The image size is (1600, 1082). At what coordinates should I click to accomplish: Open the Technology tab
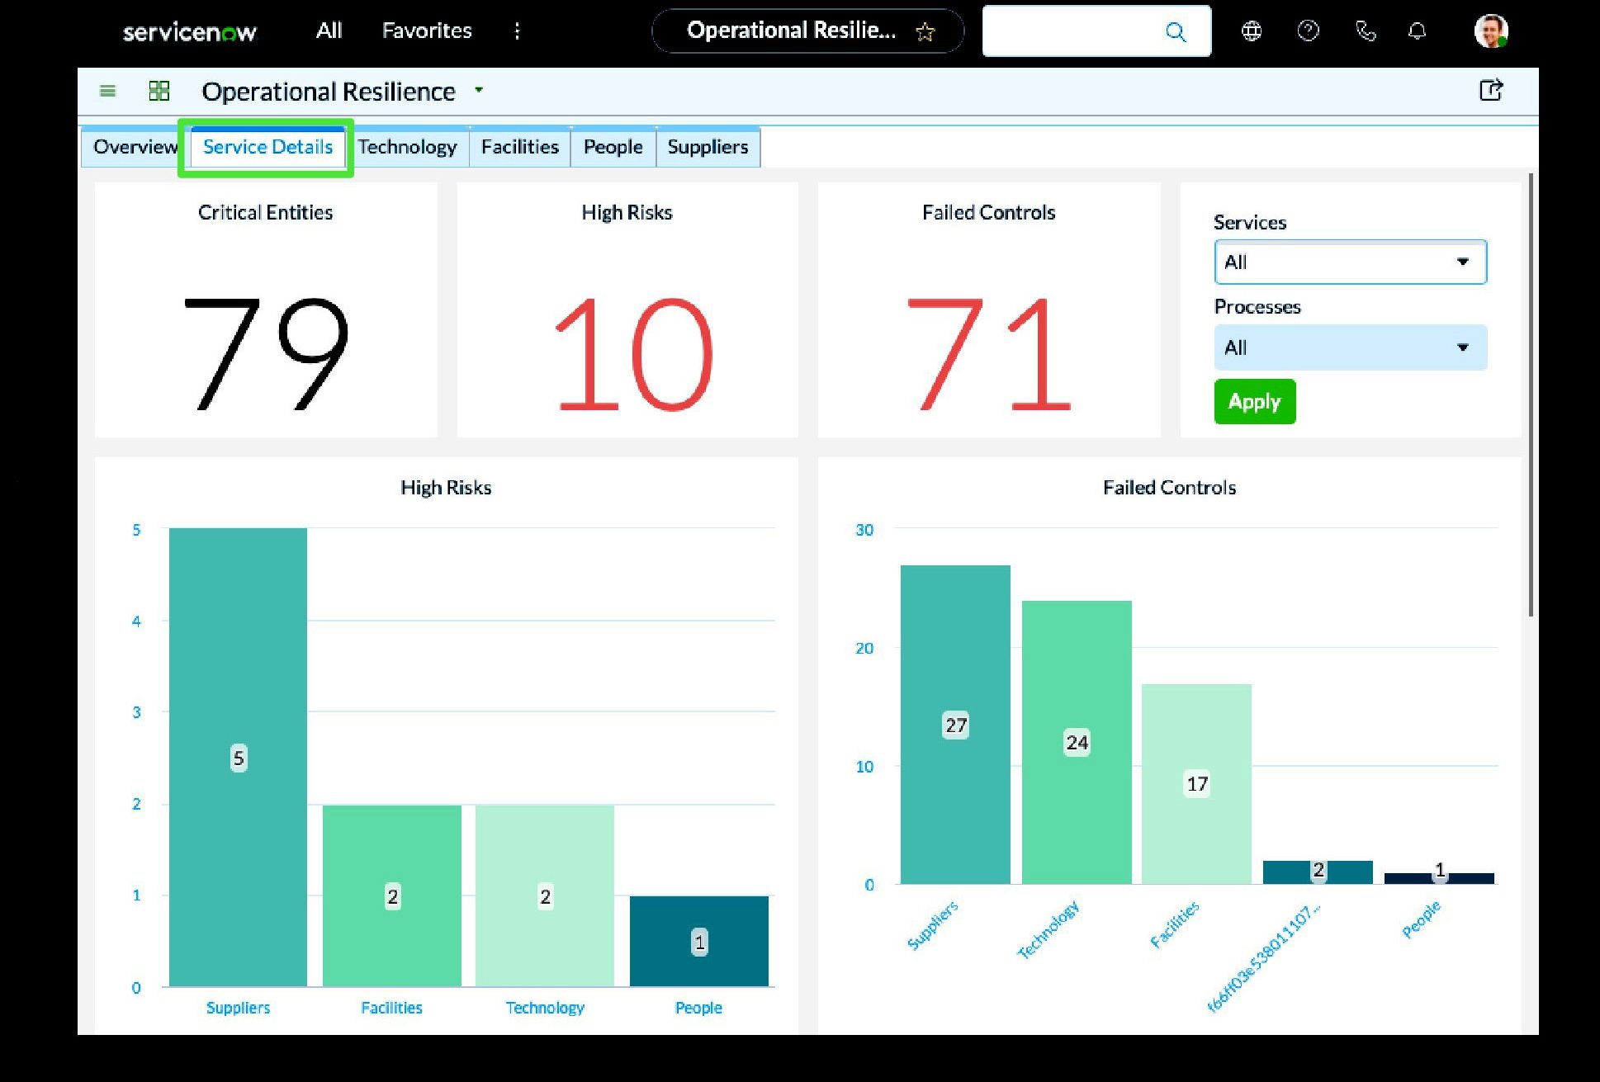(x=407, y=147)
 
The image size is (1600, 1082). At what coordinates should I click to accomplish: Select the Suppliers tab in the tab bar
(x=708, y=147)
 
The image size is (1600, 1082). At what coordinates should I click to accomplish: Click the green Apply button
(x=1255, y=402)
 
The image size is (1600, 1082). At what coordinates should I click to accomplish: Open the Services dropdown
(x=1351, y=262)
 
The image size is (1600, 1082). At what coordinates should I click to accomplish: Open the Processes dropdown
(x=1351, y=347)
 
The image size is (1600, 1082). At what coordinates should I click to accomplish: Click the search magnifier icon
(x=1176, y=32)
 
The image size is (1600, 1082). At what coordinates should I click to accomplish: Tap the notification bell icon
(x=1417, y=31)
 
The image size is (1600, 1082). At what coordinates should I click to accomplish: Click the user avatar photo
(x=1491, y=31)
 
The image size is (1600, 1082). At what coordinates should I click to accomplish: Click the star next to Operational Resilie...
(x=925, y=32)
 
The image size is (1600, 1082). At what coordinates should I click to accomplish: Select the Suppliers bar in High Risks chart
(x=238, y=757)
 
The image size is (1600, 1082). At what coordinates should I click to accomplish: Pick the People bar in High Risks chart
(x=698, y=941)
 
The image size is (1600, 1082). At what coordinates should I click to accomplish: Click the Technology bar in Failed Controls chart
(x=1077, y=742)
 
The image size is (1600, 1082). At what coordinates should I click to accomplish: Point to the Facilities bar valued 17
(x=1196, y=784)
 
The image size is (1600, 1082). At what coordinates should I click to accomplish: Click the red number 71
(x=989, y=354)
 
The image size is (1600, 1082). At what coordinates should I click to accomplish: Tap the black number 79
(x=266, y=354)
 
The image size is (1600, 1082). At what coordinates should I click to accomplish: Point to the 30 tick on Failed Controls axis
(x=864, y=530)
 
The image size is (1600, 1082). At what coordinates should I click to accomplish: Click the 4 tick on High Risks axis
(x=136, y=621)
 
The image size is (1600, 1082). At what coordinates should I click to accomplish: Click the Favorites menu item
(x=427, y=31)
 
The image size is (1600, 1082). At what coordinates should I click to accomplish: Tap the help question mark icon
(x=1309, y=31)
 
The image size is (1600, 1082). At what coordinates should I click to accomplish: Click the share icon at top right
(x=1491, y=90)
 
